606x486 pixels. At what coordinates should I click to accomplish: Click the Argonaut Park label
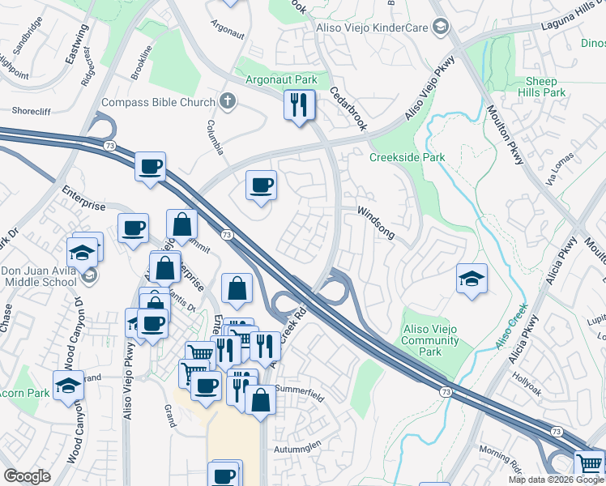[x=283, y=81]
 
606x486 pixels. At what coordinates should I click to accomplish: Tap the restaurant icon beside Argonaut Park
[x=299, y=104]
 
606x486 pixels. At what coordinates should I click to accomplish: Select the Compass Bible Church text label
[x=158, y=103]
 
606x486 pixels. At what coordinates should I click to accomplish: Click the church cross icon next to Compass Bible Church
[x=228, y=102]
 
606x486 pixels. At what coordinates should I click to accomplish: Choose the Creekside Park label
[x=408, y=157]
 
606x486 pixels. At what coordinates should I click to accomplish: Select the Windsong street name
[x=376, y=222]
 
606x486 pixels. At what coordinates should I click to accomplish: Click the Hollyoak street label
[x=532, y=376]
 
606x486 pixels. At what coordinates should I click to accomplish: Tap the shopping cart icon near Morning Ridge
[x=590, y=464]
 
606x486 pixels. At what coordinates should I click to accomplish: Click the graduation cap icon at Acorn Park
[x=69, y=386]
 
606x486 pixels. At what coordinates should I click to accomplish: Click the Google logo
[x=27, y=476]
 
